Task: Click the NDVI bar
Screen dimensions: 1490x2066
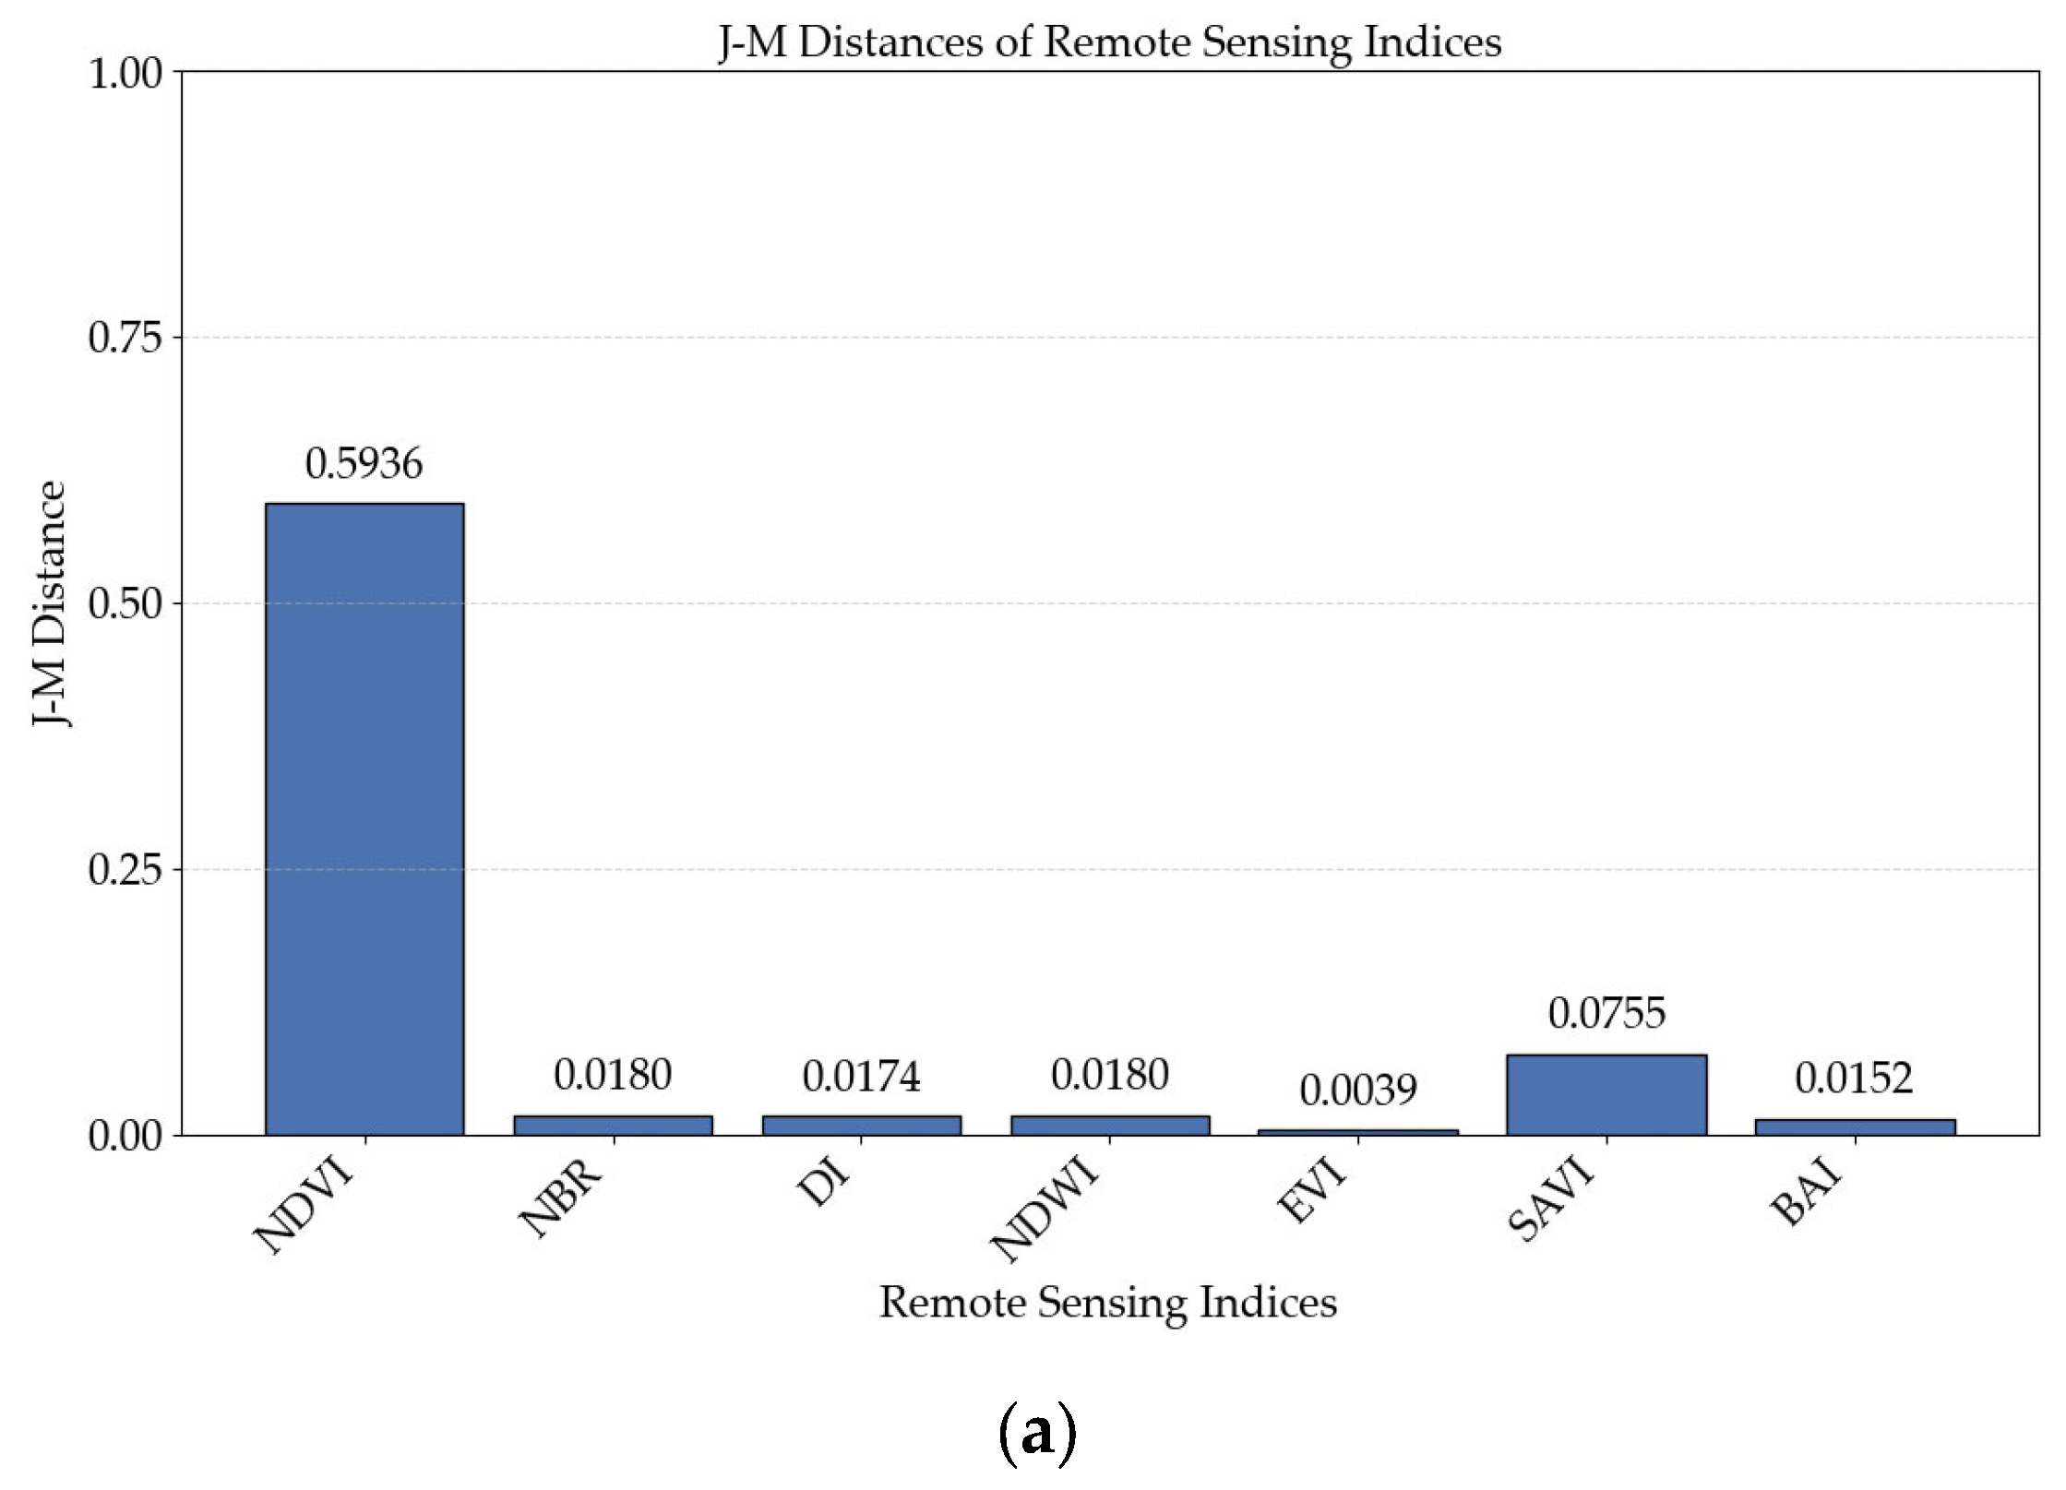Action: tap(364, 818)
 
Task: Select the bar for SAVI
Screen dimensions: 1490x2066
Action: tap(1606, 1094)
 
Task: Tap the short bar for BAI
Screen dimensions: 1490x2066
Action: tap(1855, 1126)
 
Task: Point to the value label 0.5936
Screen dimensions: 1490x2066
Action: tap(364, 464)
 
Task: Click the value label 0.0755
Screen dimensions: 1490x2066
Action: tap(1606, 1014)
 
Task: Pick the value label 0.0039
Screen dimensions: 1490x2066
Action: tap(1358, 1091)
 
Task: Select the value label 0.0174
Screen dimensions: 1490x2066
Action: tap(861, 1077)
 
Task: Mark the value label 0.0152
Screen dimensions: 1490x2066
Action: tap(1855, 1079)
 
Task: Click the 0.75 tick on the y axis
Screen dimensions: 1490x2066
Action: tap(125, 338)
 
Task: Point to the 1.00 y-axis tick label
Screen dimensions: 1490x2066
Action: tap(125, 73)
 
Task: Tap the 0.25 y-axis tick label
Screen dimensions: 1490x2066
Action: tap(125, 870)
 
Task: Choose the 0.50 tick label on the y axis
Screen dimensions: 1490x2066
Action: tap(125, 604)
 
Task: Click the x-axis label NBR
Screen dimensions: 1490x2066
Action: tap(561, 1198)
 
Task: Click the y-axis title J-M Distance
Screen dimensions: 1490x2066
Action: tap(50, 604)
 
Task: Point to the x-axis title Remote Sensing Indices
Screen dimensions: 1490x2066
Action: tap(1108, 1303)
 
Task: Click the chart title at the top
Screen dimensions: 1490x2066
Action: tap(1110, 42)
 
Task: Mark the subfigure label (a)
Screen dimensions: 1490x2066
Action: tap(1037, 1433)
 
